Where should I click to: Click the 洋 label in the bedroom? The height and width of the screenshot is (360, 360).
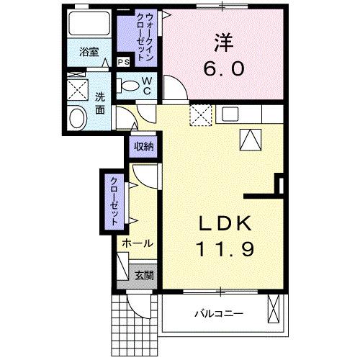222,42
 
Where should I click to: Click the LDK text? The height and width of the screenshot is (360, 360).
224,223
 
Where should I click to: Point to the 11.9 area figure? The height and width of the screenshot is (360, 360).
224,249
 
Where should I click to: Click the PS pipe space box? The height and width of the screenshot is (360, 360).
123,62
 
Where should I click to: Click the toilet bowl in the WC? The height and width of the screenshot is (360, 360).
128,86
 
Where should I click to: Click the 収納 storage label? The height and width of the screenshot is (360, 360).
143,147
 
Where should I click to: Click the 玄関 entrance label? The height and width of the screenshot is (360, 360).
143,274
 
